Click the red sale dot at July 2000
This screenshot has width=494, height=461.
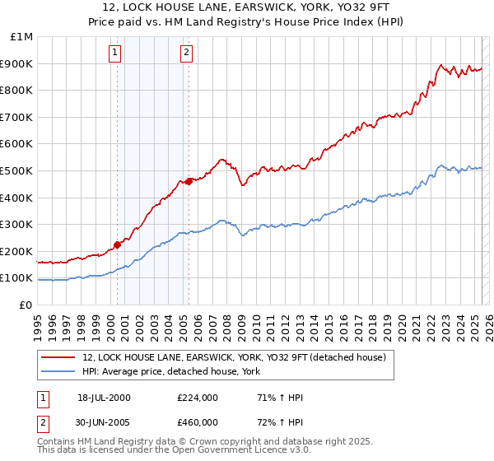click(117, 244)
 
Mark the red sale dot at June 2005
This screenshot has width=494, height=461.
click(189, 181)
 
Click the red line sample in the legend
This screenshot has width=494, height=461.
click(58, 357)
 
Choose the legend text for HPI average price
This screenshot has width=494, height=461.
click(171, 371)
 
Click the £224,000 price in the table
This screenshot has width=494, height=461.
click(198, 398)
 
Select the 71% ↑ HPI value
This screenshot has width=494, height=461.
click(280, 398)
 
